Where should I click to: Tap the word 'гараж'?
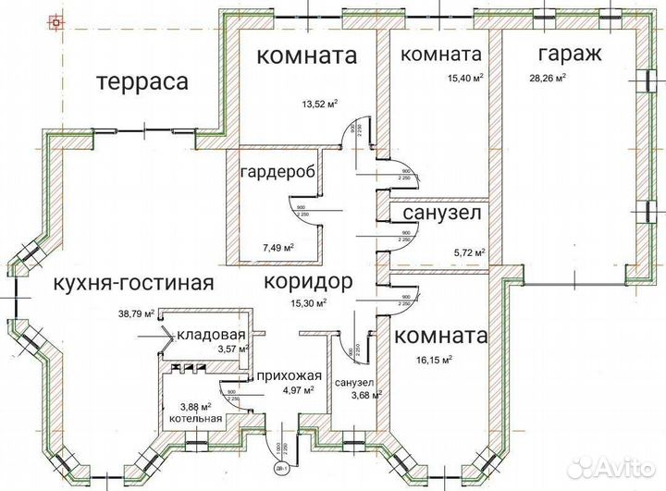566,55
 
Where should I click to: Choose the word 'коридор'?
306,281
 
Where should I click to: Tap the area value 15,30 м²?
308,302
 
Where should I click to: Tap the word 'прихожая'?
289,375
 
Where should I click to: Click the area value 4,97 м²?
297,389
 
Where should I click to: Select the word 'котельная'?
194,418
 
